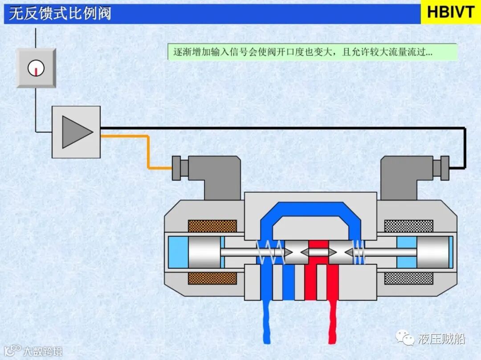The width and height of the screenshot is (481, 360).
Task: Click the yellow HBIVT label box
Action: (x=450, y=12)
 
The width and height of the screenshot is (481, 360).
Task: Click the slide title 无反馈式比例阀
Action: (x=60, y=13)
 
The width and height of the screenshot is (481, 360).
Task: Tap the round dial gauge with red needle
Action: (x=36, y=68)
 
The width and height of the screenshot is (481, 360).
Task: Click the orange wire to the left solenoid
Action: (x=147, y=151)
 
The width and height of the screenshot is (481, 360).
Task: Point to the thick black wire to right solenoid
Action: (x=285, y=128)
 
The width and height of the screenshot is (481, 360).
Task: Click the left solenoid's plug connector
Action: (x=179, y=168)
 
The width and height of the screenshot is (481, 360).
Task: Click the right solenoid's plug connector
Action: (x=441, y=168)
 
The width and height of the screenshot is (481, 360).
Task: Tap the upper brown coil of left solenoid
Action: (x=212, y=226)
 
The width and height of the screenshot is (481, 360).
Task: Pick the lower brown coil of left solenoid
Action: (x=212, y=279)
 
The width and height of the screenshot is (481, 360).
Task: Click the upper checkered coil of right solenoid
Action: (x=408, y=226)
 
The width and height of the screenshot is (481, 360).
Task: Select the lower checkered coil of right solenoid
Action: (x=408, y=279)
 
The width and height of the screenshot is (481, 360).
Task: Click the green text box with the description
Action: (x=312, y=52)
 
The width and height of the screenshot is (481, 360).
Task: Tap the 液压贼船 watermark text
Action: (x=441, y=339)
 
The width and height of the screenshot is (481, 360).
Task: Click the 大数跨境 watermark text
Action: (x=43, y=351)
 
